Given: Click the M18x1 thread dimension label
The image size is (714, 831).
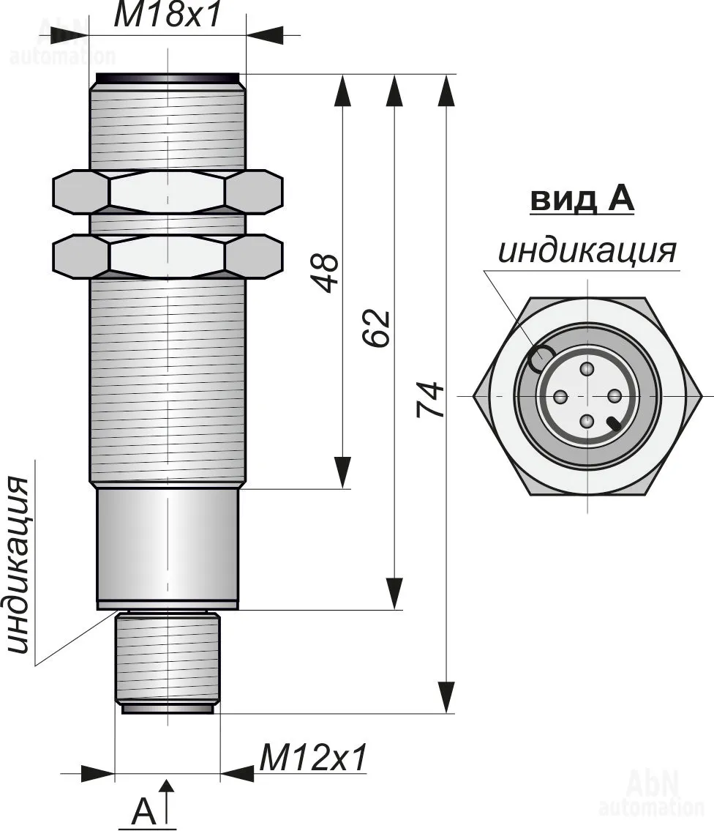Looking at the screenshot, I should pyautogui.click(x=168, y=16).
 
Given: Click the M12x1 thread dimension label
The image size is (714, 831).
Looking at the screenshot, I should pyautogui.click(x=312, y=759).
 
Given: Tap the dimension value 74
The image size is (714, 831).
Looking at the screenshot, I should pyautogui.click(x=430, y=399).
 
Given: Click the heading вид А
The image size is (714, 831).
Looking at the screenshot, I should pyautogui.click(x=582, y=199).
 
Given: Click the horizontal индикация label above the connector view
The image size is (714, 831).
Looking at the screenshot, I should pyautogui.click(x=587, y=250).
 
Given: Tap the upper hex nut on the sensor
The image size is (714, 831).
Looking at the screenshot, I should pyautogui.click(x=168, y=192).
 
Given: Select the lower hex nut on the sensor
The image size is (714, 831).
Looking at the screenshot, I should pyautogui.click(x=168, y=256).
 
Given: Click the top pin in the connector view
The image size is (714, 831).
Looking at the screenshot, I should pyautogui.click(x=587, y=370).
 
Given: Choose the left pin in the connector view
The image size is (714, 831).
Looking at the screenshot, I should pyautogui.click(x=560, y=396).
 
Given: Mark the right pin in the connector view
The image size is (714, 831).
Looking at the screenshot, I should pyautogui.click(x=615, y=396).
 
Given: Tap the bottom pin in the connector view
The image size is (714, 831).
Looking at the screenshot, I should pyautogui.click(x=587, y=421).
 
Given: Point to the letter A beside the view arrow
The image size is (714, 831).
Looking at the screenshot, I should pyautogui.click(x=144, y=811).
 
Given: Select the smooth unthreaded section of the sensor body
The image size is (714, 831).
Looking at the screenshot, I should pyautogui.click(x=168, y=545).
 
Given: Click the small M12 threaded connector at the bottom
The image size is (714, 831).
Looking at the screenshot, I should pyautogui.click(x=168, y=659).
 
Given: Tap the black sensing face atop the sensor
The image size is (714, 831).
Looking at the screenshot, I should pyautogui.click(x=168, y=78).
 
